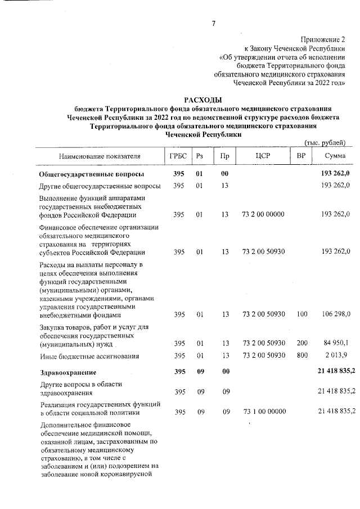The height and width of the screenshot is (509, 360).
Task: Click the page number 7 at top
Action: click(214, 23)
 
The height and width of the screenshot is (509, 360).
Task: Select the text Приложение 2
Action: click(323, 39)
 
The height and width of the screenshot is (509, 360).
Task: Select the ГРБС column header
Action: click(179, 155)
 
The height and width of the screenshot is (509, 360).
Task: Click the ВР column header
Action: click(301, 155)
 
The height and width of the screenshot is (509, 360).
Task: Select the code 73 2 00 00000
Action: click(263, 214)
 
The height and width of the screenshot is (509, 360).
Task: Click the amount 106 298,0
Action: click(336, 314)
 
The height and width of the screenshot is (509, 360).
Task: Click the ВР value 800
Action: click(302, 355)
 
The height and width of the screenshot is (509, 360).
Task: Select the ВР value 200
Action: click(302, 343)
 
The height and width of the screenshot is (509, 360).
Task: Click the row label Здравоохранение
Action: click(68, 372)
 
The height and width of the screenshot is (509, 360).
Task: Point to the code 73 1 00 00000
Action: click(263, 412)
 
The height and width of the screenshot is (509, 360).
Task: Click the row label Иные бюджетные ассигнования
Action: click(89, 356)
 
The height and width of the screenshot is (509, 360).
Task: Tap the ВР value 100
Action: click(302, 314)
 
